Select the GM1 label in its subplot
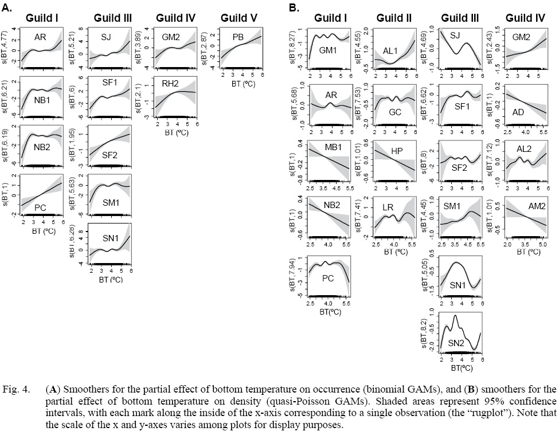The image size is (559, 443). point(328,50)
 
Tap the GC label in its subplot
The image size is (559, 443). point(395,112)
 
